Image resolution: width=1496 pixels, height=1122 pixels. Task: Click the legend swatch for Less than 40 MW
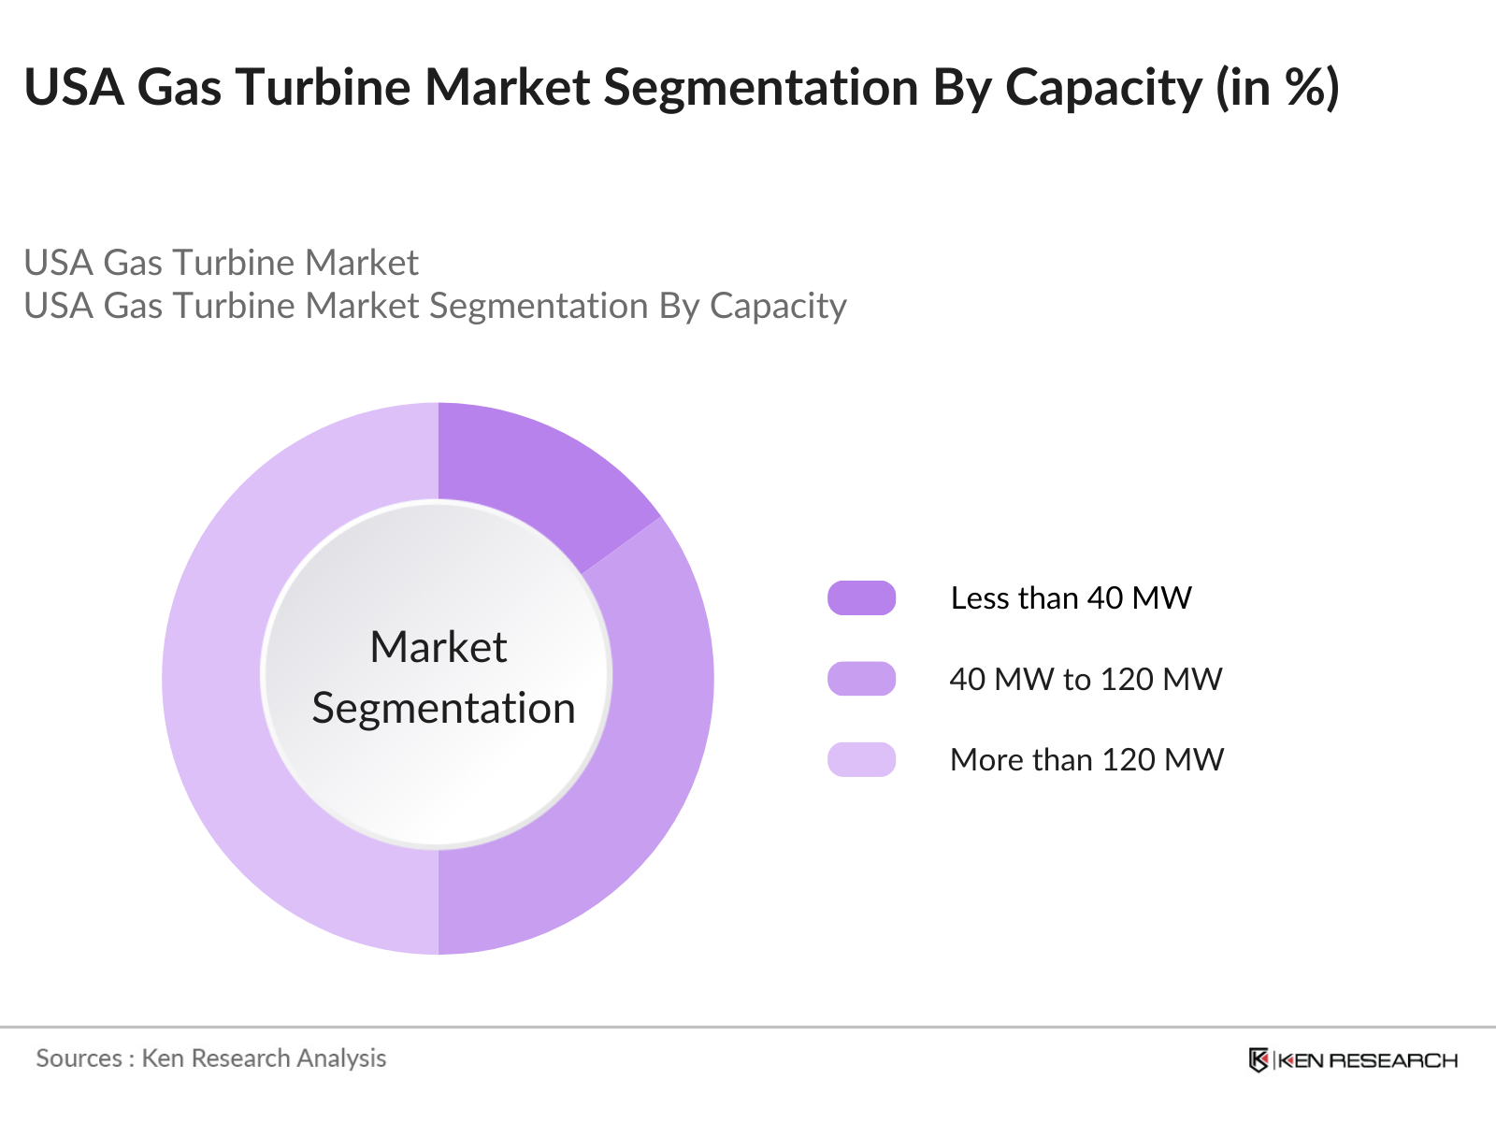point(861,598)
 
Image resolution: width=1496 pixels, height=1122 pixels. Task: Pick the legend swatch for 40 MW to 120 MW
point(861,679)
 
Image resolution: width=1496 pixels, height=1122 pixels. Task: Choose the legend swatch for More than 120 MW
point(861,759)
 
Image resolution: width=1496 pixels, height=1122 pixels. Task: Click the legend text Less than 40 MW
point(1071,598)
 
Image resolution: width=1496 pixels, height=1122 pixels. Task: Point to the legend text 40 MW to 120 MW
point(1086,679)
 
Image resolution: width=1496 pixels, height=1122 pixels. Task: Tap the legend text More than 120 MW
point(1086,759)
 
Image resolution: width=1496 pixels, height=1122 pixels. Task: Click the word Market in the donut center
point(438,647)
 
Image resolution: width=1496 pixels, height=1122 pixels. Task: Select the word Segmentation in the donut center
point(443,708)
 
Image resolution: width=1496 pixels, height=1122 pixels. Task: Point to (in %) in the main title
point(1277,88)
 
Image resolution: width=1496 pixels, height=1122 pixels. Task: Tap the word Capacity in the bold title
point(1103,88)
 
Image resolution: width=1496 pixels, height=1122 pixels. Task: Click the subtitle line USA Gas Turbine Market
point(221,263)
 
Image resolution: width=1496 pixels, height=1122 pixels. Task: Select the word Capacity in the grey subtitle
point(778,307)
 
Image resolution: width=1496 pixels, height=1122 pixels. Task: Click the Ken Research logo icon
point(1259,1059)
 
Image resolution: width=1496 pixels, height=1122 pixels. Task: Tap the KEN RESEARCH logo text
point(1367,1060)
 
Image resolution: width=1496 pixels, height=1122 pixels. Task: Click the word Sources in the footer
point(79,1058)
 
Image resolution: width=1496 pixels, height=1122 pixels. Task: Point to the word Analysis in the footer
point(341,1058)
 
